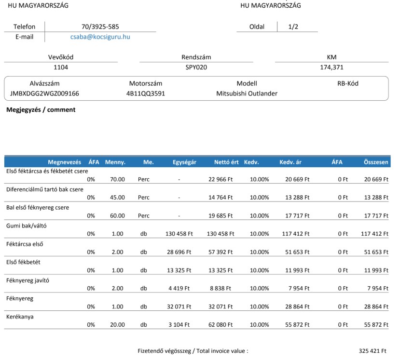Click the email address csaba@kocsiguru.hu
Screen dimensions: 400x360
(x=100, y=37)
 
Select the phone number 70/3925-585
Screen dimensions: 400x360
(x=100, y=27)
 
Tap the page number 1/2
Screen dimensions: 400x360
(x=293, y=27)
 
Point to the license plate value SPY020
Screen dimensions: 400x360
(x=196, y=67)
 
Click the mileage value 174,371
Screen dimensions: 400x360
(x=331, y=67)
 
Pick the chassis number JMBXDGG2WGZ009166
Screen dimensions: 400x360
(x=44, y=93)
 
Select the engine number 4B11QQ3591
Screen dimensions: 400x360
(x=146, y=93)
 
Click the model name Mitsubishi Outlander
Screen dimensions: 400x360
(x=247, y=93)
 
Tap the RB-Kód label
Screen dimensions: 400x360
(x=348, y=83)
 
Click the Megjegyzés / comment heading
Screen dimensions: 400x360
(x=41, y=110)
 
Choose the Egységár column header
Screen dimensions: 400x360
(x=184, y=162)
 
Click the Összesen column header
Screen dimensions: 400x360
(x=376, y=162)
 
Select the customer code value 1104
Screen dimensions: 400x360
(x=61, y=67)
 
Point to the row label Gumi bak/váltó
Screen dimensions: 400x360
(x=26, y=226)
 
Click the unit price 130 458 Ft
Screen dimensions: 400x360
(x=179, y=234)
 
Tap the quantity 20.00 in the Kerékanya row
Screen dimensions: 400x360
(x=117, y=325)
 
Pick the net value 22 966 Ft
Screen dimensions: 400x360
(x=221, y=179)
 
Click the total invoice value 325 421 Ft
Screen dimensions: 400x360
(x=372, y=351)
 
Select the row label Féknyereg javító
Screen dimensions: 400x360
(x=28, y=280)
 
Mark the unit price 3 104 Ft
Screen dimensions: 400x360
(x=179, y=325)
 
